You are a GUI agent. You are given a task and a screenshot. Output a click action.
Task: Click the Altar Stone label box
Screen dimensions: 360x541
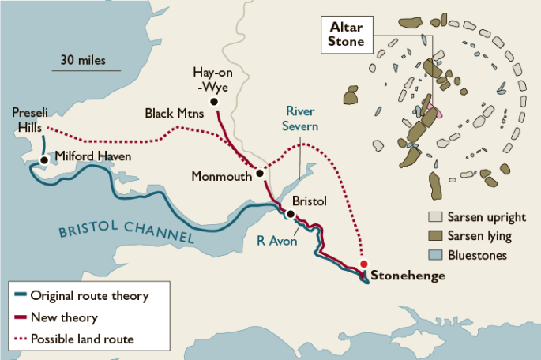pos(346,36)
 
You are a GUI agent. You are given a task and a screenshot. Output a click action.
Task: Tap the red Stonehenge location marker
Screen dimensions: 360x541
pos(363,264)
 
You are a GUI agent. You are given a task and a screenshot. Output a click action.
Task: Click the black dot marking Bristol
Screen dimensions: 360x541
pos(291,214)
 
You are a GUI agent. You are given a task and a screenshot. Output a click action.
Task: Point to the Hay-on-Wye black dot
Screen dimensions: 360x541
pos(214,102)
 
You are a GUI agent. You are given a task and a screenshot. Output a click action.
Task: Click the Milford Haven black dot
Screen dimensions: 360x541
pos(44,159)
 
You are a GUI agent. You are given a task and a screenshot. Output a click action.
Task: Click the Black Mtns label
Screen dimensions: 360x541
pos(174,114)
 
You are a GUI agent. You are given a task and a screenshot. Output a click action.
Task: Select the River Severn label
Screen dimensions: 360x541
pos(302,118)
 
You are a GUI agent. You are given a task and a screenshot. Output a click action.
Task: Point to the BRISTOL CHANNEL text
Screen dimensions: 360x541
pos(126,231)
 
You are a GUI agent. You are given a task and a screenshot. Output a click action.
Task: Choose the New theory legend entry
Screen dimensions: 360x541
pos(63,318)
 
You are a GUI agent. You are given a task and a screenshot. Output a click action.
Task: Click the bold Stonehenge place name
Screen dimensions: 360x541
pos(408,276)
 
